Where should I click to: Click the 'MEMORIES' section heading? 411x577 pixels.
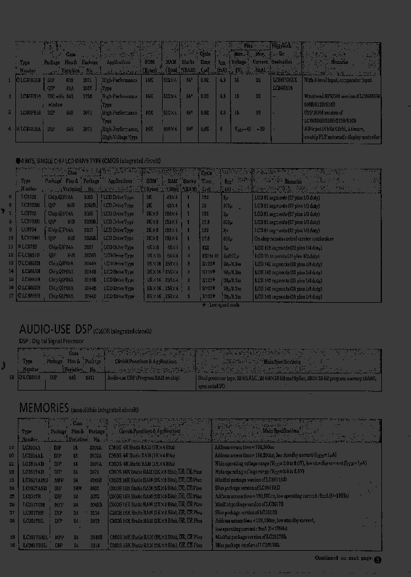(44, 408)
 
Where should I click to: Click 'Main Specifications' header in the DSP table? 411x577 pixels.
(281, 362)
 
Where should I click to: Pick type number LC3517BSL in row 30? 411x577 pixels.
(35, 546)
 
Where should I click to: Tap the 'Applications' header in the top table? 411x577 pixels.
(119, 62)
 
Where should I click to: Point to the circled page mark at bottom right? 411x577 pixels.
(377, 559)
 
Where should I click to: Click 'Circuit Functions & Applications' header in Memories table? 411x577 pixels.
(156, 432)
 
